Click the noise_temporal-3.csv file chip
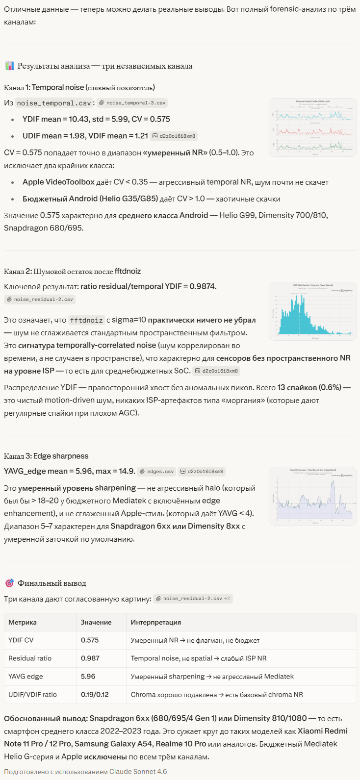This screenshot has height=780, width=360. (132, 103)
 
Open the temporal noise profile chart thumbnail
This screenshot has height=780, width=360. (313, 127)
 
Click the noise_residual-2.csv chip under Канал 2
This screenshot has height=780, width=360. (40, 299)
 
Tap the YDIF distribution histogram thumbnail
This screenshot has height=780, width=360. (313, 311)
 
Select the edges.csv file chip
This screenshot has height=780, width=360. (156, 472)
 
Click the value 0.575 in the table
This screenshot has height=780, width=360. (90, 640)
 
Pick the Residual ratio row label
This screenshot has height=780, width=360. (30, 658)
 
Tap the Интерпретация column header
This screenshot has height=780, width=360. (155, 622)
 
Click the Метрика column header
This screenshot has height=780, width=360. (23, 622)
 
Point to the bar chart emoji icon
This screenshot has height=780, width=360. (9, 66)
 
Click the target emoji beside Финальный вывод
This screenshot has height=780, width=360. (9, 583)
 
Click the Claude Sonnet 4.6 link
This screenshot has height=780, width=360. (138, 772)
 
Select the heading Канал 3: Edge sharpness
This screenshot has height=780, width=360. (46, 456)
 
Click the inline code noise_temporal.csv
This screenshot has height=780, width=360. (53, 103)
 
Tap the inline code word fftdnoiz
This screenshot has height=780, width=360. (86, 320)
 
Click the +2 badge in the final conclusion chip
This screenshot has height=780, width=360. (228, 599)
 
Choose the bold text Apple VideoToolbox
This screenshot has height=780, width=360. (58, 182)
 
